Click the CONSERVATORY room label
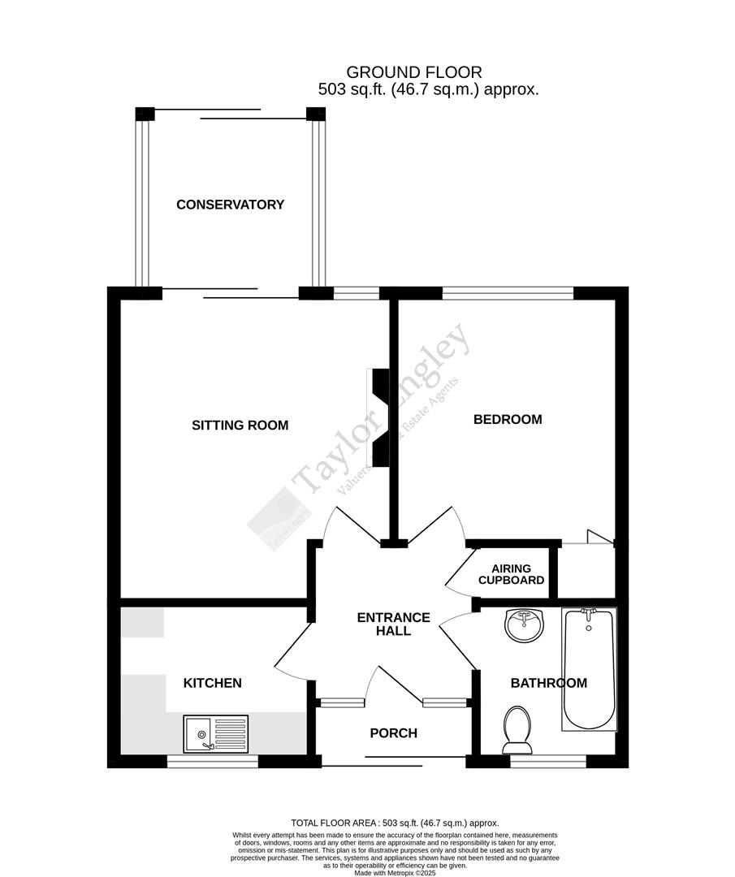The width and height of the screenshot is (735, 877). tap(230, 205)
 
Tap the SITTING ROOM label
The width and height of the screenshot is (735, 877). tap(240, 425)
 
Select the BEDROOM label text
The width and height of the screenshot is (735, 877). tap(508, 419)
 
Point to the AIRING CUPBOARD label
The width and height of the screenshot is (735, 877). tap(511, 574)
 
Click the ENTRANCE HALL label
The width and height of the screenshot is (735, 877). tap(394, 624)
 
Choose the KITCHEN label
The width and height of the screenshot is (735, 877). tap(212, 683)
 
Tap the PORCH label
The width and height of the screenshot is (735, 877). tap(393, 733)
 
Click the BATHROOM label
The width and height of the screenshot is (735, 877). tap(548, 683)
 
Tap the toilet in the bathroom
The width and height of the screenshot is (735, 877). tap(517, 728)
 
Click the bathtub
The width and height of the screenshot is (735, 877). tap(589, 668)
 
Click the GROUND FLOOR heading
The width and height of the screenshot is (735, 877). tap(413, 73)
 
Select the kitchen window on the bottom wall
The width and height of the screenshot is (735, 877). tap(213, 762)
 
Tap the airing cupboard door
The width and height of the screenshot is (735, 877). tap(460, 568)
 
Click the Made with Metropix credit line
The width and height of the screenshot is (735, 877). tap(395, 866)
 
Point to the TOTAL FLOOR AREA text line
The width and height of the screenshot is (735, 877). tap(395, 823)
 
